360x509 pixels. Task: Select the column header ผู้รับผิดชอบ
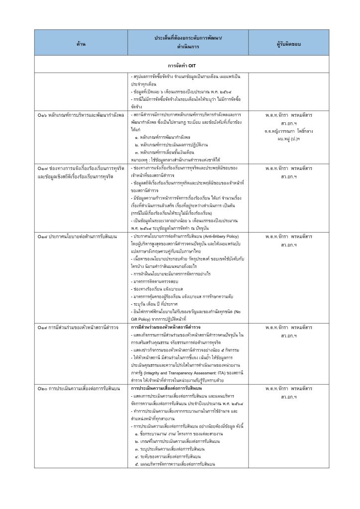tap(288, 44)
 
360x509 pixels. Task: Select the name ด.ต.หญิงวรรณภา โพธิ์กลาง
tap(288, 131)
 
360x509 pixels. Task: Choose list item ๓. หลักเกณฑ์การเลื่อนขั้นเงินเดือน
tap(166, 152)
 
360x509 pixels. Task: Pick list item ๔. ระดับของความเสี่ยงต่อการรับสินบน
tap(169, 456)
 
